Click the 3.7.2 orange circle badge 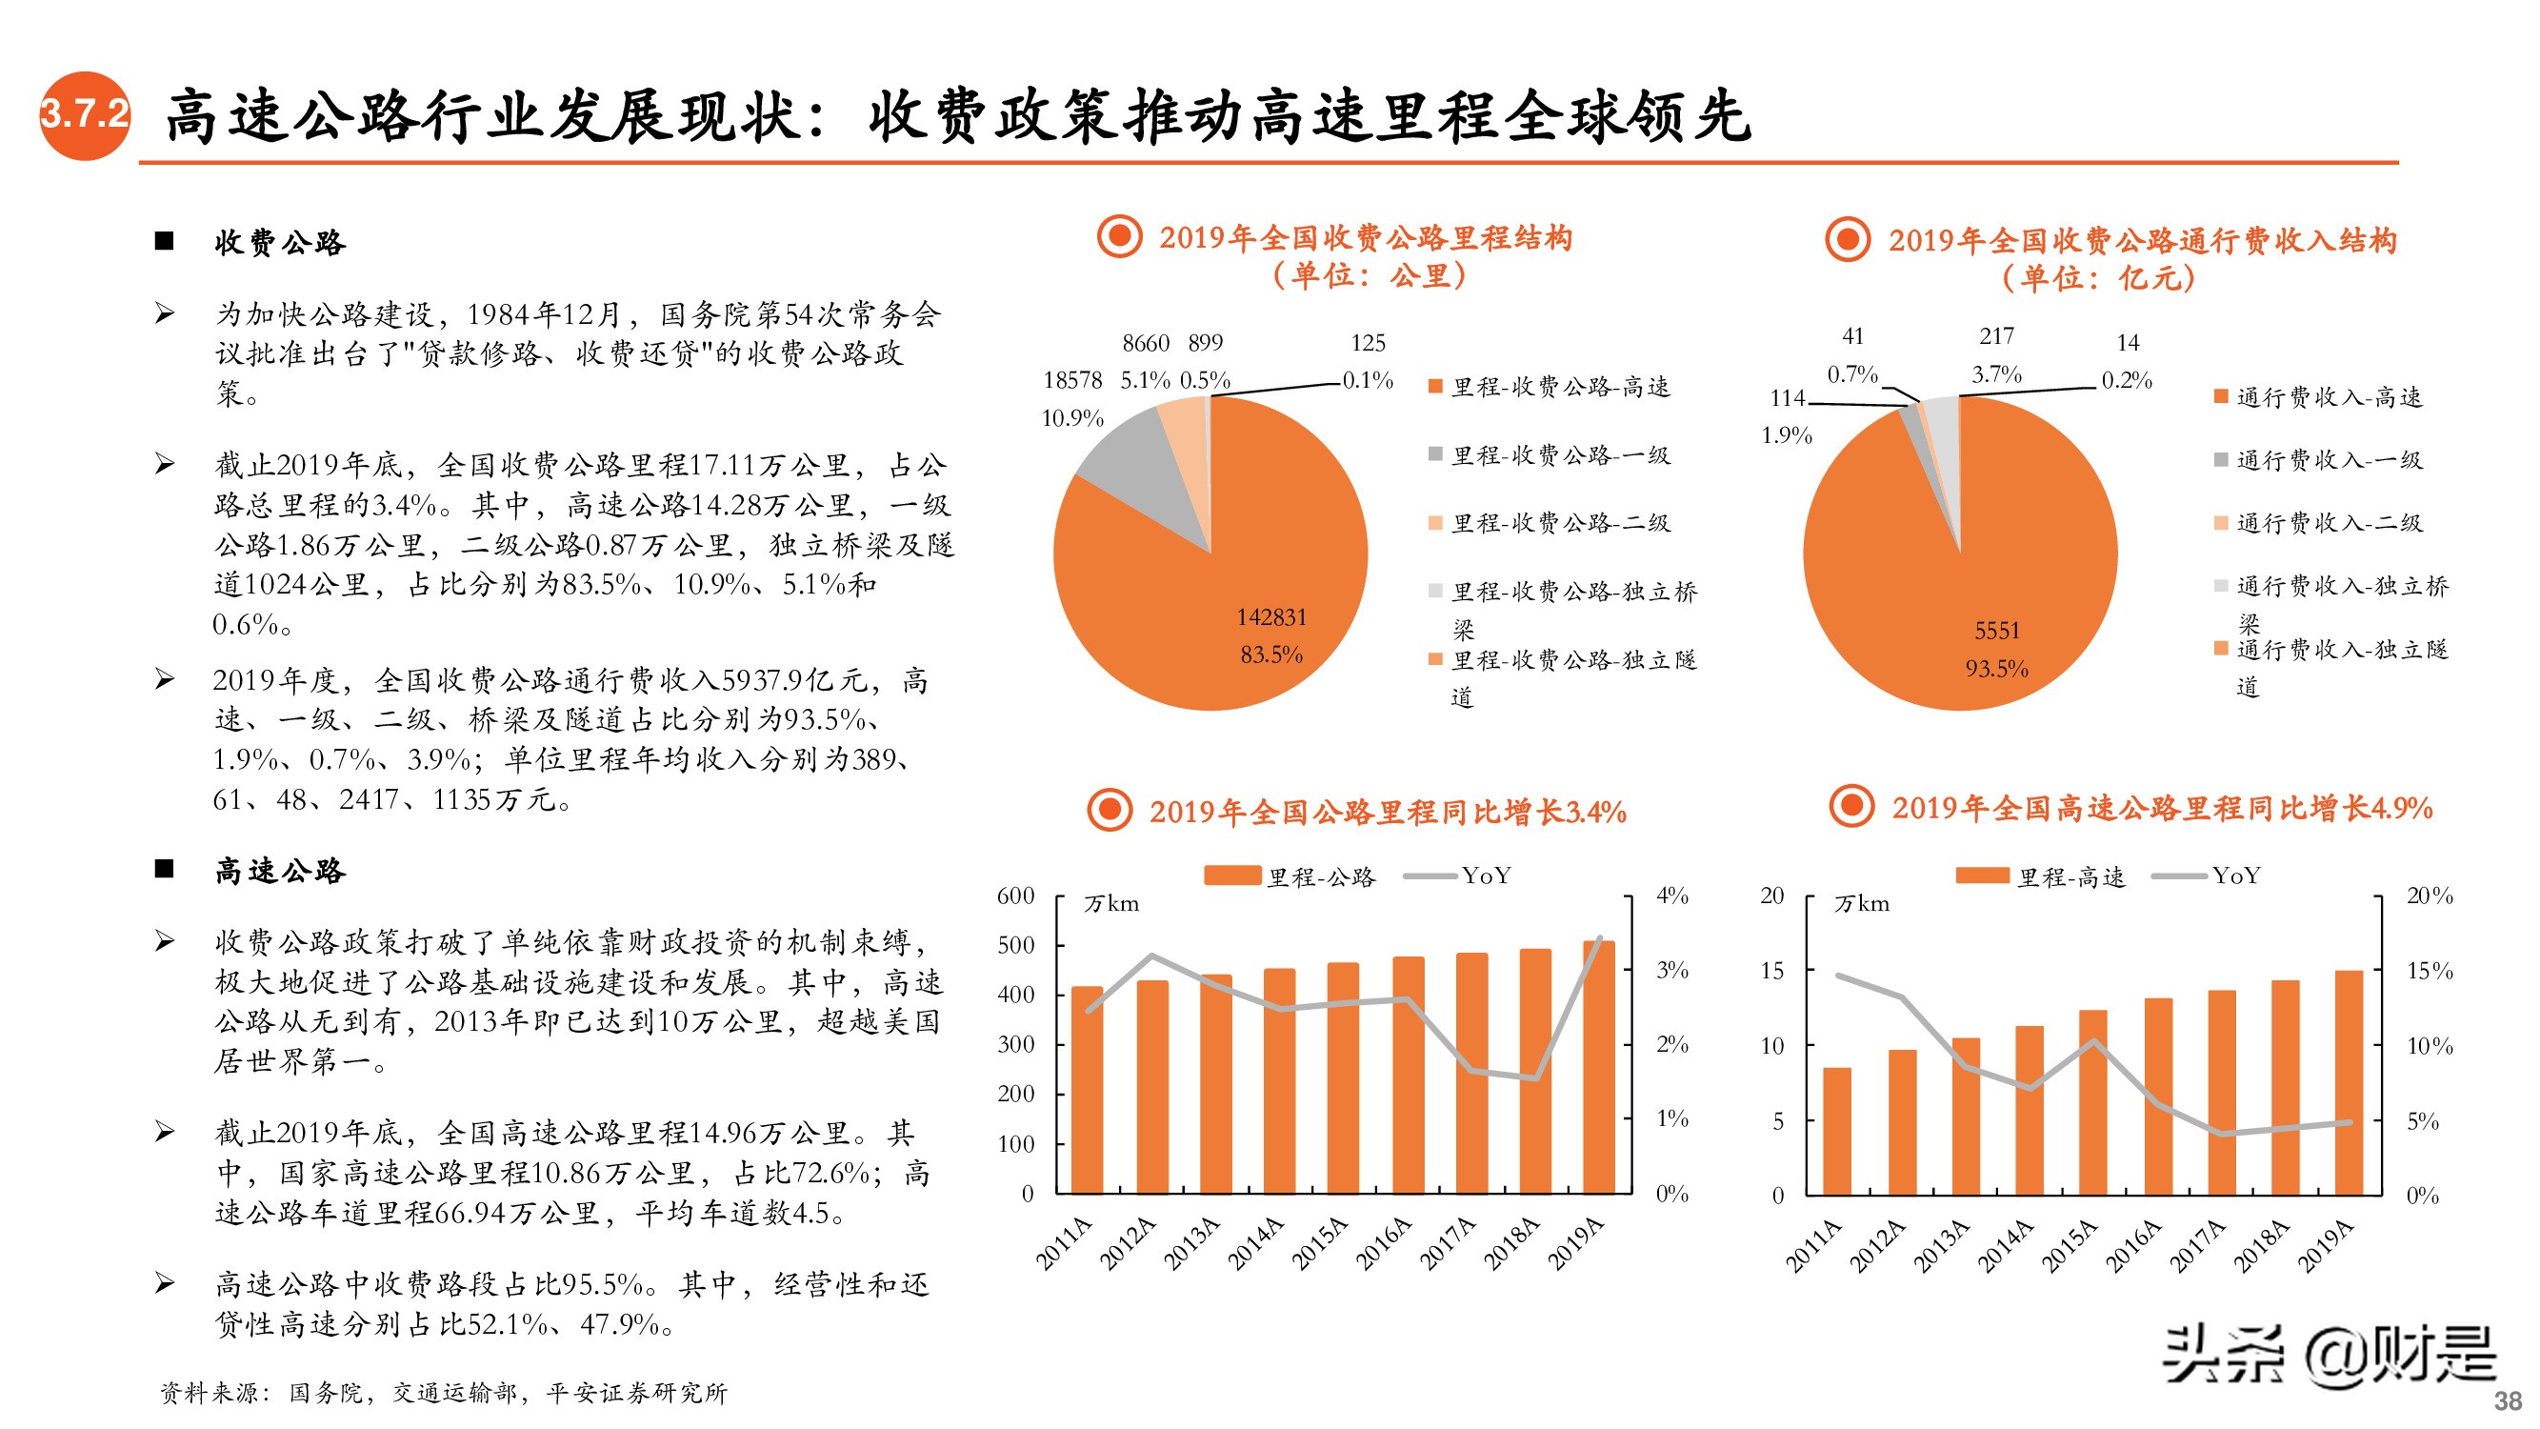[x=84, y=115]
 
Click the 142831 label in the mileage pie [x=1271, y=617]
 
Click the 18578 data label [x=1071, y=381]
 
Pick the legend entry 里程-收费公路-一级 [x=1561, y=455]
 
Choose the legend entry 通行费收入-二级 [x=2328, y=524]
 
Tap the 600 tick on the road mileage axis [x=1015, y=896]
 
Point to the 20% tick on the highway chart [x=2430, y=896]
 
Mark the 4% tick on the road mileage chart [x=1672, y=896]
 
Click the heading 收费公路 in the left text [x=280, y=243]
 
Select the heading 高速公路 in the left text [x=280, y=871]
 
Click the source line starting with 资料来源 [x=444, y=1393]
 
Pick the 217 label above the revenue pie [x=1997, y=336]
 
